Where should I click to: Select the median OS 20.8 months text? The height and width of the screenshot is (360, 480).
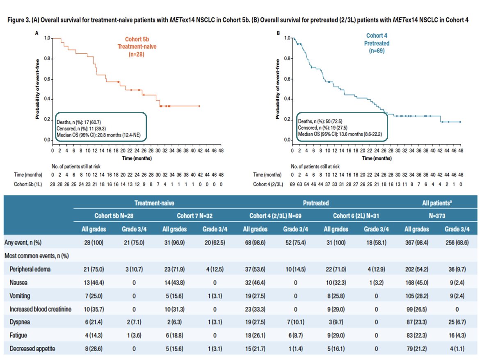pos(101,134)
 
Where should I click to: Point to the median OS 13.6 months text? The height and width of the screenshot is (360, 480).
pos(340,134)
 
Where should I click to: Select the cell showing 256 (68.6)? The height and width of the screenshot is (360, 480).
pos(457,242)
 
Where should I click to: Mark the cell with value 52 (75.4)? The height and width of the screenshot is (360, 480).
pos(297,242)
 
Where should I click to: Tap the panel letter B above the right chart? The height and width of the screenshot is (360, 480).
pos(279,33)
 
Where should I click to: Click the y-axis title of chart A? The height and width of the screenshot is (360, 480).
pos(37,89)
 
